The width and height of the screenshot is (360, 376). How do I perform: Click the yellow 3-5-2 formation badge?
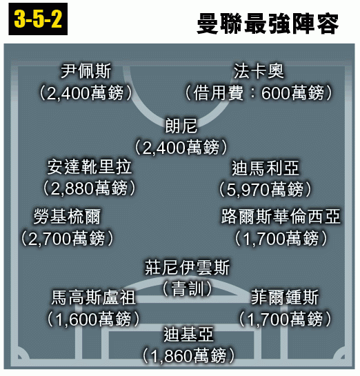pyautogui.click(x=38, y=19)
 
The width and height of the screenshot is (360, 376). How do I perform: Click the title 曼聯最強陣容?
pyautogui.click(x=268, y=23)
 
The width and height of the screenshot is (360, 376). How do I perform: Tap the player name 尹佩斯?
pyautogui.click(x=86, y=71)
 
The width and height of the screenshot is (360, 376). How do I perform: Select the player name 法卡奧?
pyautogui.click(x=259, y=71)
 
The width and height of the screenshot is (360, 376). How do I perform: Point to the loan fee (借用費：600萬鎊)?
pyautogui.click(x=259, y=93)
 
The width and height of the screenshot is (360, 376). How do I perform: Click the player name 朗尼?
pyautogui.click(x=181, y=126)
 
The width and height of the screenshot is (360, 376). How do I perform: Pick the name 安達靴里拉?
pyautogui.click(x=90, y=167)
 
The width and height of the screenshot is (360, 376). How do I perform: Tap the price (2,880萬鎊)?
pyautogui.click(x=90, y=188)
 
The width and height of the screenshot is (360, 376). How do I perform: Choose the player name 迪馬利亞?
pyautogui.click(x=266, y=168)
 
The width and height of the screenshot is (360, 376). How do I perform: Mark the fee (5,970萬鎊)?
pyautogui.click(x=266, y=190)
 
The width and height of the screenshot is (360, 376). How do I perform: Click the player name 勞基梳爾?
pyautogui.click(x=67, y=217)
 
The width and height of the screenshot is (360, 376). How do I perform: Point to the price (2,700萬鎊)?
pyautogui.click(x=67, y=239)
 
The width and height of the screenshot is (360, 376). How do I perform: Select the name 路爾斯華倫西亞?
pyautogui.click(x=281, y=217)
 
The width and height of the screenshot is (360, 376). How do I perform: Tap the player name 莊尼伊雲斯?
pyautogui.click(x=187, y=267)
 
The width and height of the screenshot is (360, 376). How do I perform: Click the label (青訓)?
pyautogui.click(x=187, y=288)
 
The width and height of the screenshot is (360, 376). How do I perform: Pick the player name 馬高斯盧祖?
pyautogui.click(x=94, y=297)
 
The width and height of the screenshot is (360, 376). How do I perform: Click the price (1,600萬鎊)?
pyautogui.click(x=94, y=319)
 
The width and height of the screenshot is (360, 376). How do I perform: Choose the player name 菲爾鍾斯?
pyautogui.click(x=285, y=297)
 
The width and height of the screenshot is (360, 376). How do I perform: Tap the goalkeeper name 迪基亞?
pyautogui.click(x=188, y=335)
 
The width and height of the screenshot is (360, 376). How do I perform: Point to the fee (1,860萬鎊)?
pyautogui.click(x=188, y=356)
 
